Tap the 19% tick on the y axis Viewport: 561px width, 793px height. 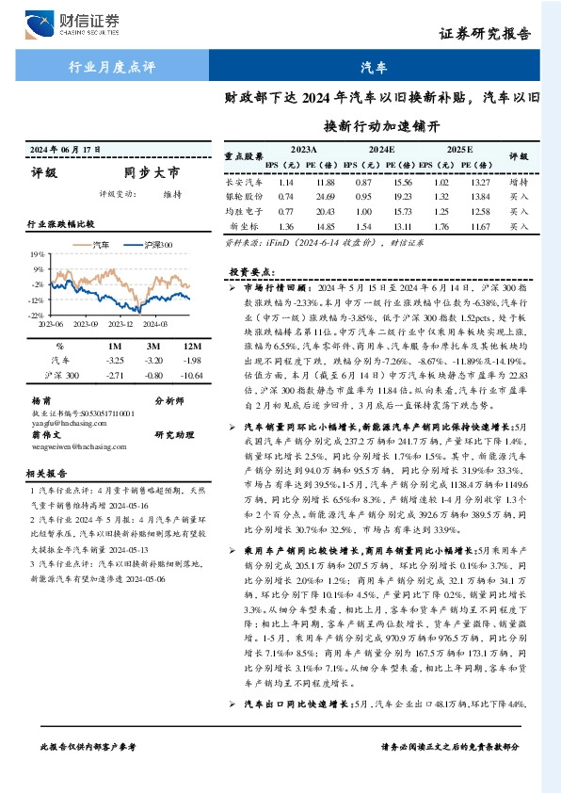[37, 255]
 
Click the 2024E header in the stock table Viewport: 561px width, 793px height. [381, 150]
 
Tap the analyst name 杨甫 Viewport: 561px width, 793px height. [40, 399]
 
